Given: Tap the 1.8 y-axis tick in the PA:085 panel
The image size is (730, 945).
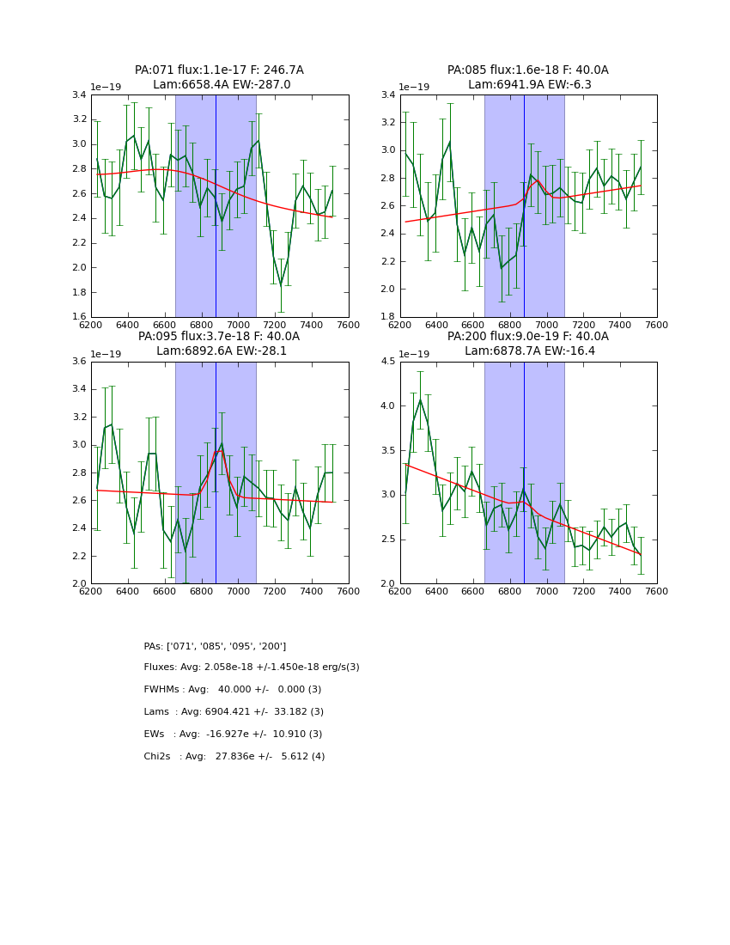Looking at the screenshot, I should click(389, 317).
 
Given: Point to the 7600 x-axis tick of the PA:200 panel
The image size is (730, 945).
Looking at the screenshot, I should click(656, 591).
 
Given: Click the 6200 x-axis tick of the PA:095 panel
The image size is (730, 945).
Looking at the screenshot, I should click(91, 591).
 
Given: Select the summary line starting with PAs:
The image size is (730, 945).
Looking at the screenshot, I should click(215, 646).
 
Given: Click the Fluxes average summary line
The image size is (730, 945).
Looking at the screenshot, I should click(252, 668).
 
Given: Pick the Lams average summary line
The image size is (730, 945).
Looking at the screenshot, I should click(234, 712).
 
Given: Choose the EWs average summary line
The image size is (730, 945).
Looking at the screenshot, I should click(233, 735).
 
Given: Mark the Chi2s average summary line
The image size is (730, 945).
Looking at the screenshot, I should click(234, 757).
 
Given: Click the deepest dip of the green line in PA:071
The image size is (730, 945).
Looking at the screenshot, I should click(281, 285).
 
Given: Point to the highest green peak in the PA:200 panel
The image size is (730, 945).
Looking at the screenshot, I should click(420, 399).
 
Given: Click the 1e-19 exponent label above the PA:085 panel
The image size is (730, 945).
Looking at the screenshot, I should click(417, 88).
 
